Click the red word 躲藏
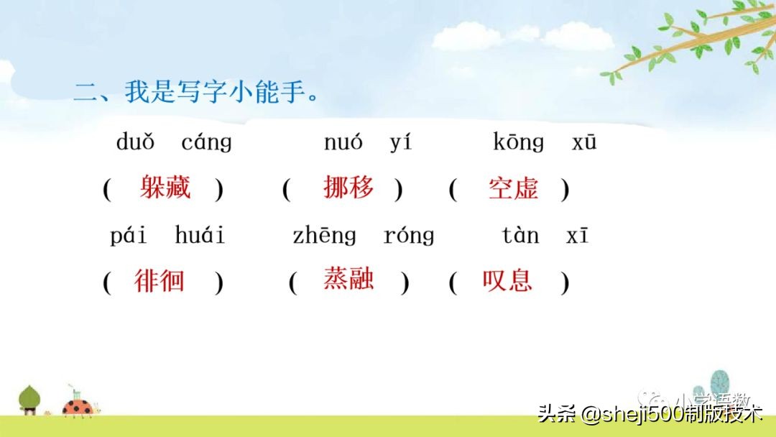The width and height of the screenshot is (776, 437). (x=165, y=188)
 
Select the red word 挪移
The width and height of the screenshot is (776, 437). (x=349, y=188)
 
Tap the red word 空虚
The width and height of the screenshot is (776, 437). (x=513, y=188)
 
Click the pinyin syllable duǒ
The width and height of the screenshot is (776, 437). (x=135, y=142)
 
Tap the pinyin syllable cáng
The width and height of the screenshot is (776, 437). (x=206, y=143)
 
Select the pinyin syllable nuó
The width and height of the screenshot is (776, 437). (x=343, y=142)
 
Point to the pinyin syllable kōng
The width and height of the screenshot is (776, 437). (x=519, y=143)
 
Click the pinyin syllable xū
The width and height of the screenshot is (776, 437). (x=584, y=142)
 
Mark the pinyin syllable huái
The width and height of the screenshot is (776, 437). (x=200, y=235)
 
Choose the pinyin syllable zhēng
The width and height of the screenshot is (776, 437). (x=324, y=236)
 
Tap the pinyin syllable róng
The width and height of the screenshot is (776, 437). (x=409, y=236)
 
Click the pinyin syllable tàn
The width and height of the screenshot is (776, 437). (x=520, y=235)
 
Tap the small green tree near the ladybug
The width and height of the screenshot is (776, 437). (x=29, y=399)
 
